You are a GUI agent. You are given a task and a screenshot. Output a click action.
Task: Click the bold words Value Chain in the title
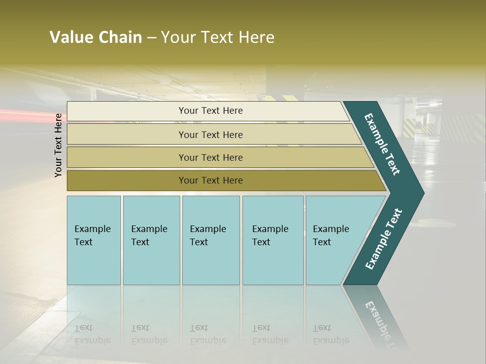click(x=96, y=37)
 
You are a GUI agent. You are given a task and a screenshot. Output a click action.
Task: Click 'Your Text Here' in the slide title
click(x=218, y=37)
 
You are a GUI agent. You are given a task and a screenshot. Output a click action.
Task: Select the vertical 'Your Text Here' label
click(x=58, y=145)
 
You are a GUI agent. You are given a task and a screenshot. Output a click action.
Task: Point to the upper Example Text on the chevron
click(x=382, y=144)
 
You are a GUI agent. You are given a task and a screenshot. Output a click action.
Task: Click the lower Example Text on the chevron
click(x=384, y=239)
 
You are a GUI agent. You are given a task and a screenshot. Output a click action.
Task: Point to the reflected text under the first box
click(x=92, y=334)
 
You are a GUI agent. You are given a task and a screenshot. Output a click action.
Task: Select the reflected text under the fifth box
click(x=331, y=334)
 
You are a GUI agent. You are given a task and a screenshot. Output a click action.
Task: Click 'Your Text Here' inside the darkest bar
click(x=211, y=180)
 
